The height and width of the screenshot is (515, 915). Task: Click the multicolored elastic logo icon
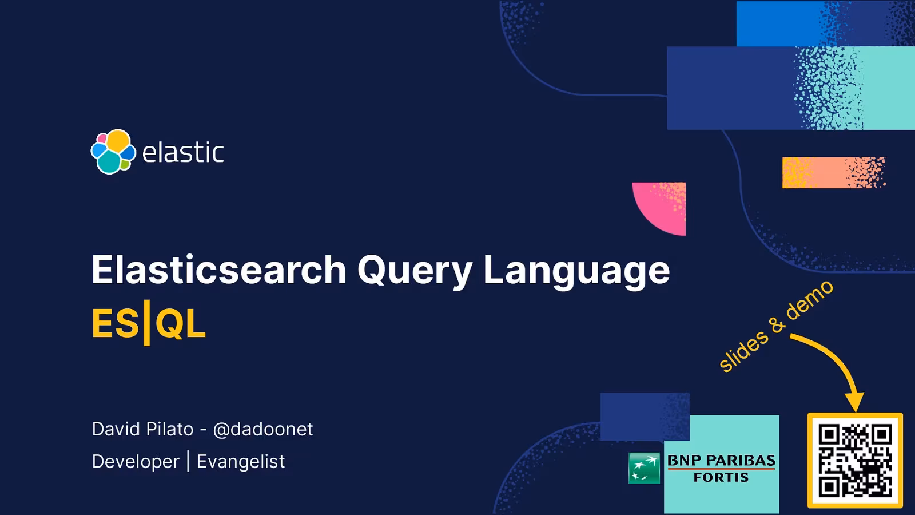(113, 152)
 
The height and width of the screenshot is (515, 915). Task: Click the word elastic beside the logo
(182, 153)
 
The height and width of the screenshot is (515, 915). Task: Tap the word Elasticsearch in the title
(218, 270)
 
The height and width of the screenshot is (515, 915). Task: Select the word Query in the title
(415, 271)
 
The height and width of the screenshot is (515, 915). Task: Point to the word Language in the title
(576, 271)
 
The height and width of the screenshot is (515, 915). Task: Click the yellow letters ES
(115, 324)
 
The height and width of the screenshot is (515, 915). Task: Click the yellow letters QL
(180, 324)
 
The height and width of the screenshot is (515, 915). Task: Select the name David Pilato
(142, 429)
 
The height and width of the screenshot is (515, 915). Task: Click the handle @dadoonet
(262, 429)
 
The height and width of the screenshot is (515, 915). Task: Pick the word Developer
(136, 462)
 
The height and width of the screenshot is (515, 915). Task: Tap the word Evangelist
(240, 462)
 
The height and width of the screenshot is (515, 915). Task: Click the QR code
(855, 461)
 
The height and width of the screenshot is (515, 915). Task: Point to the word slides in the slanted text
(743, 351)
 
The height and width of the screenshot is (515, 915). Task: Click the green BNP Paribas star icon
(644, 468)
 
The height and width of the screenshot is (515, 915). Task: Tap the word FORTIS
(721, 477)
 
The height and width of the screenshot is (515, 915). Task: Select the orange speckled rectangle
(833, 172)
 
